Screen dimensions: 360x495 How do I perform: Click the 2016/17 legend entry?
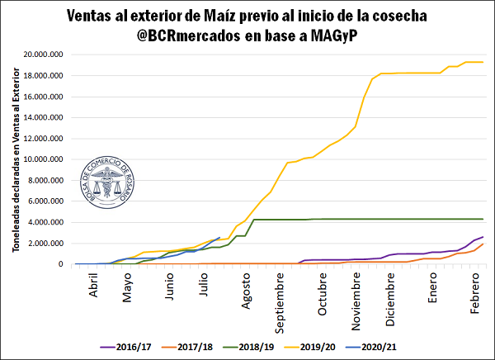tap(126, 348)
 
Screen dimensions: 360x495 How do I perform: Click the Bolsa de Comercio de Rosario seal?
tap(111, 182)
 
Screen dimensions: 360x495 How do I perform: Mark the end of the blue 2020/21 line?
tap(219, 238)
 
